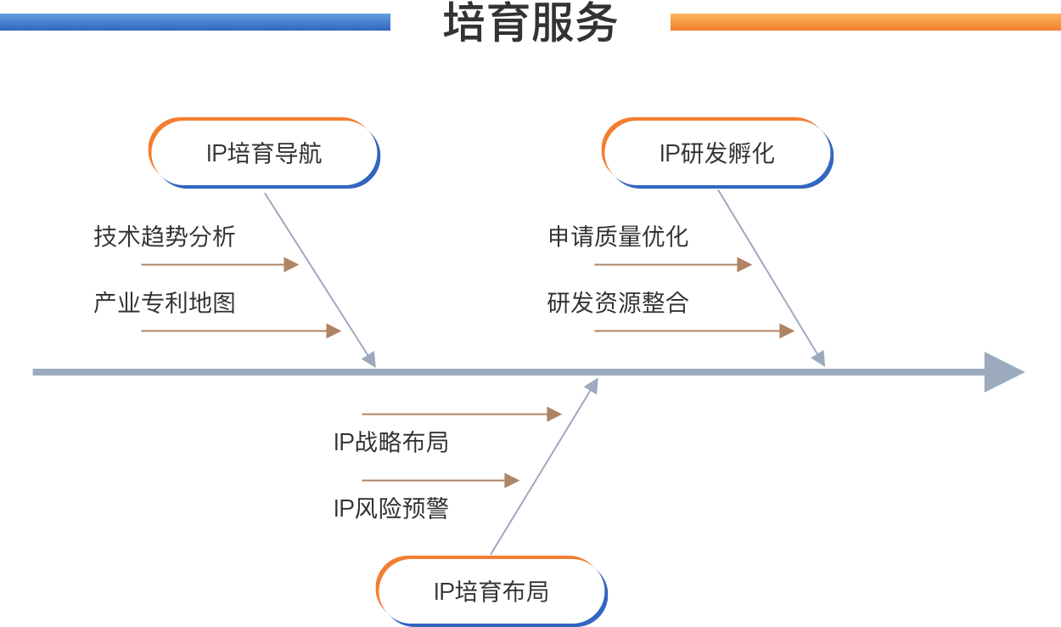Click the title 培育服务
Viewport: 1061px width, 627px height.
point(530,23)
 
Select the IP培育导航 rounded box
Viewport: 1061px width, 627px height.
point(264,153)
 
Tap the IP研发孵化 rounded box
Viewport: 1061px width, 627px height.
point(717,153)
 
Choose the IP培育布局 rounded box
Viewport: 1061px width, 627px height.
point(491,591)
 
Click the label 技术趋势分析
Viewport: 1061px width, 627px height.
point(165,236)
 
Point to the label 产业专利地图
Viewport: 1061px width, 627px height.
point(165,302)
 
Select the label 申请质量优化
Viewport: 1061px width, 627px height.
point(618,236)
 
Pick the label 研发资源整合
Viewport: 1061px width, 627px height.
point(618,302)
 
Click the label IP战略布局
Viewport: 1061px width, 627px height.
point(390,442)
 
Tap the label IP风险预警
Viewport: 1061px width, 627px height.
point(390,508)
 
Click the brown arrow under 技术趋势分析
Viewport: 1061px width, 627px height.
point(220,264)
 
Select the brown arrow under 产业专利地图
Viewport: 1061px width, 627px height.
point(241,330)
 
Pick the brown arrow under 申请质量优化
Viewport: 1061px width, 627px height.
point(673,264)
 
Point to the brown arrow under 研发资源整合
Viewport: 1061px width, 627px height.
point(694,330)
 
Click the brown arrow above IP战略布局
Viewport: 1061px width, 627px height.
point(462,414)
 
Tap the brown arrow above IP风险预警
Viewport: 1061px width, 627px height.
point(441,480)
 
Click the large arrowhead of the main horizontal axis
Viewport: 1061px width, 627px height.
point(1003,372)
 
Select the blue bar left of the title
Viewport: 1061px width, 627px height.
point(194,22)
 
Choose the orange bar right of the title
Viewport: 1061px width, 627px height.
point(865,22)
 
